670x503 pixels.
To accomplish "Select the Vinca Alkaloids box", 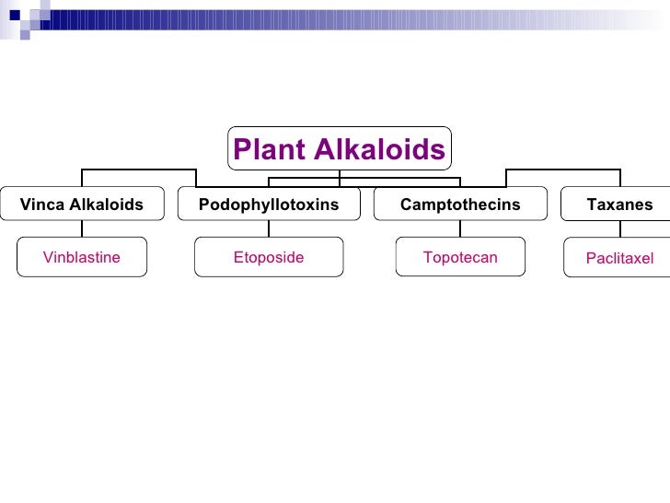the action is tap(82, 205).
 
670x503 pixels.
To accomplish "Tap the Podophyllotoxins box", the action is tap(269, 205).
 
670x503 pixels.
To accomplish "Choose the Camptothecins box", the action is tap(460, 205).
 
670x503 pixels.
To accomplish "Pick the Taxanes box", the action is tap(618, 205).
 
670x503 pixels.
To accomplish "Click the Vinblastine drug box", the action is tap(82, 257).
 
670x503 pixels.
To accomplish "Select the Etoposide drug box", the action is tap(269, 257).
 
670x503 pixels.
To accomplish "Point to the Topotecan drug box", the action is tap(460, 257).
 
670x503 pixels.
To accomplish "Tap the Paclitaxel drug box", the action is tap(618, 258).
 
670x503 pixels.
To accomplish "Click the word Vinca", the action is tap(42, 205).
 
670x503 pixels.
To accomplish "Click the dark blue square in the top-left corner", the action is tap(14, 14).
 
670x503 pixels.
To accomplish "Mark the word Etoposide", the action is tap(269, 257).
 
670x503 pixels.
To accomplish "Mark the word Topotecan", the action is tap(460, 257).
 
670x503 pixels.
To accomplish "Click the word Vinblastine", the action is tap(82, 257).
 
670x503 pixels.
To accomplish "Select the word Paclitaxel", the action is tap(619, 259).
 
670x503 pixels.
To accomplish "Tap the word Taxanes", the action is tap(619, 205).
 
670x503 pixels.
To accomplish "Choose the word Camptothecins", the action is tap(460, 205).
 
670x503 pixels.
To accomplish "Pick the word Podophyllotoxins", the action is tap(269, 205).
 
